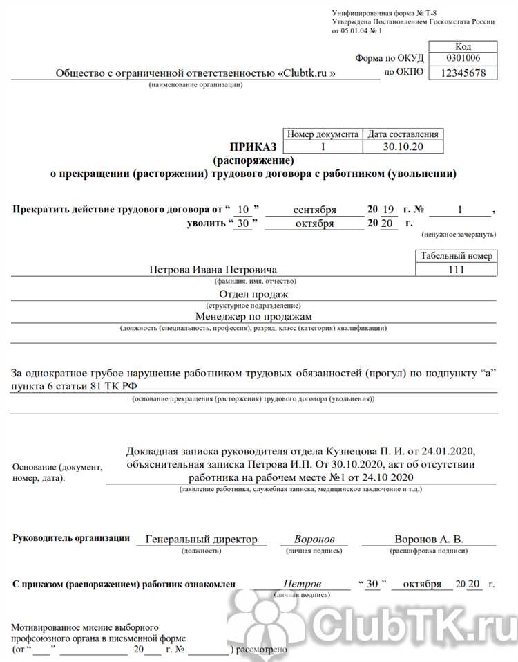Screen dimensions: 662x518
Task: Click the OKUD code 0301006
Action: (x=463, y=58)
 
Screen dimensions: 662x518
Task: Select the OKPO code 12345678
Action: (x=463, y=73)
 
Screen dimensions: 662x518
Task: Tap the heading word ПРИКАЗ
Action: (x=253, y=147)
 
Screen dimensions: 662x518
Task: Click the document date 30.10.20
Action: (x=402, y=147)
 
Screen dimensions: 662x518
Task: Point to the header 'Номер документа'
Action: (x=323, y=134)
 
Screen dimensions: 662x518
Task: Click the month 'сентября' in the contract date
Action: (x=314, y=209)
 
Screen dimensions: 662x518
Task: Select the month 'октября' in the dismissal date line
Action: (x=314, y=223)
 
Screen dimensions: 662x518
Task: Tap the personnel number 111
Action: (x=457, y=269)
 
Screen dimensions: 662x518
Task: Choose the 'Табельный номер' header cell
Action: (x=457, y=256)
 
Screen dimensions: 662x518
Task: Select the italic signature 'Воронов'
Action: (x=314, y=539)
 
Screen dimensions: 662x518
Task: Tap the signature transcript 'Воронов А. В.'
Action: (x=428, y=539)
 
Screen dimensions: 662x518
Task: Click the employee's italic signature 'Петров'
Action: (x=302, y=584)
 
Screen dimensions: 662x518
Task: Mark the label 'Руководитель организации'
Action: (x=70, y=538)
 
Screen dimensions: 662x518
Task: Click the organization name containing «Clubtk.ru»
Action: (x=195, y=73)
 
